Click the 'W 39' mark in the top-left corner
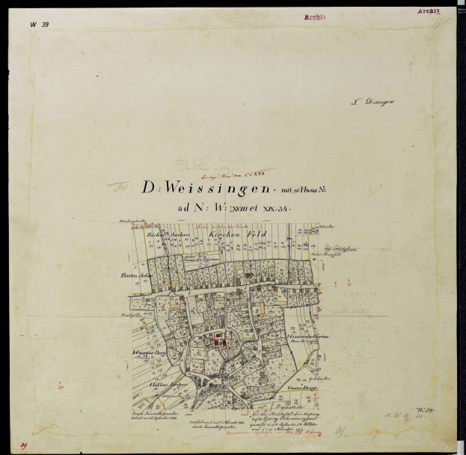tap(39, 25)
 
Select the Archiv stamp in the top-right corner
tap(429, 12)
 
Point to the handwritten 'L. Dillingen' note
tap(373, 103)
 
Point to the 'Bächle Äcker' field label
tap(165, 234)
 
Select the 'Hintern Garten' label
tap(304, 337)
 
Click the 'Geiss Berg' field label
tap(301, 389)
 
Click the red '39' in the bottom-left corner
tap(24, 446)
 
